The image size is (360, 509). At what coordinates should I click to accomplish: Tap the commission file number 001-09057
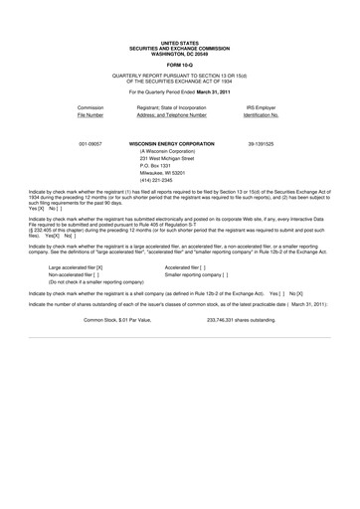[90, 144]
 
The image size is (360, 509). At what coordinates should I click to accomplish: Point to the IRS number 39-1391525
[261, 144]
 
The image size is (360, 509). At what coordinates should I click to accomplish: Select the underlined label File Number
[90, 113]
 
